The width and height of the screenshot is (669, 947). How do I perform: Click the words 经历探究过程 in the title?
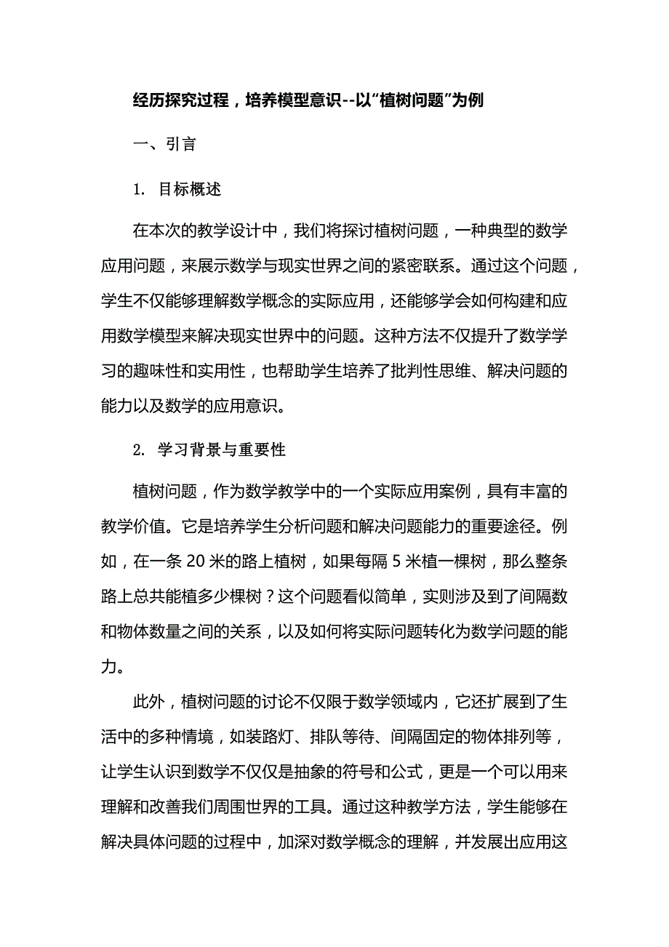182,101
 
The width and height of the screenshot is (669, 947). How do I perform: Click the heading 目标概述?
189,190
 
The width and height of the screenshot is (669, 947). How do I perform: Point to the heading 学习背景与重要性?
222,449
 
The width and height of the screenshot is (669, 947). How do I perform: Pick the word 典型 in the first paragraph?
500,231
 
